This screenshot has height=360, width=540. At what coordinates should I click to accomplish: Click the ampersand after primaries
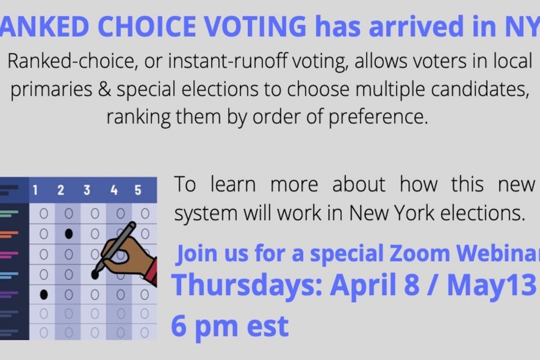(x=105, y=89)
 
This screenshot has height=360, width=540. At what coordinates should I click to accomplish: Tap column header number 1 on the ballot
(x=35, y=190)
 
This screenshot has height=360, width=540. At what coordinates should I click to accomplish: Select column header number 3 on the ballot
(x=87, y=190)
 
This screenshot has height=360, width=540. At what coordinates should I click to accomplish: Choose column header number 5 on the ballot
(x=138, y=190)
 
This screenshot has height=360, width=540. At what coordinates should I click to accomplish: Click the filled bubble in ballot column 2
(x=69, y=234)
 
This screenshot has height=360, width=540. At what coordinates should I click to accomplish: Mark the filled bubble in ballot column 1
(x=44, y=294)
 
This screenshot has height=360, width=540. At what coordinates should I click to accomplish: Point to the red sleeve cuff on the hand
(x=152, y=272)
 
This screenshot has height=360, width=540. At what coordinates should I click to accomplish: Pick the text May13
(x=491, y=285)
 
